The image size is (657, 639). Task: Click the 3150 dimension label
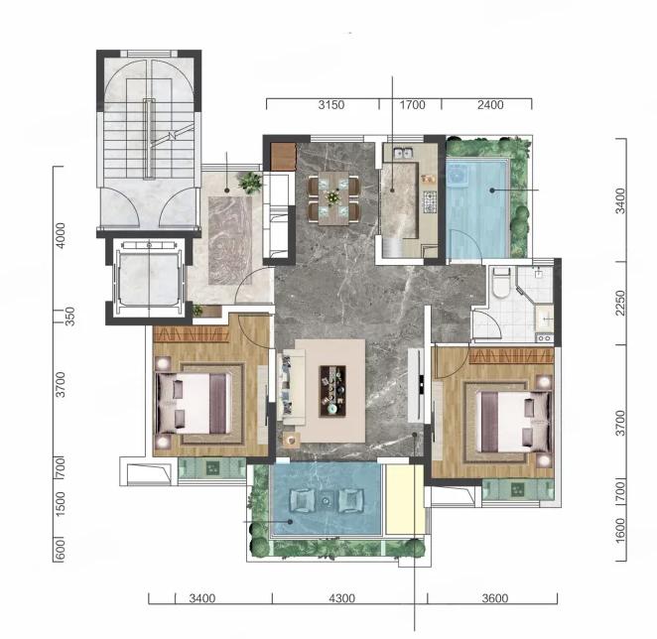coord(331,105)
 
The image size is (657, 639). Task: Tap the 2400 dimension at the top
coord(490,105)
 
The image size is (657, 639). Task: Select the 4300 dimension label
coord(342,598)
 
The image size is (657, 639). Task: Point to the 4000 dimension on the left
coord(61,235)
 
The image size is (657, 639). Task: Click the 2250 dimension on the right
coord(620,304)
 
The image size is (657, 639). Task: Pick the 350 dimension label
coord(69,317)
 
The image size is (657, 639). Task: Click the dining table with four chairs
coord(333,197)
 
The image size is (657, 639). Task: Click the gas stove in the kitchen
coord(430,201)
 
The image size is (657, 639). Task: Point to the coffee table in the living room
coord(332,391)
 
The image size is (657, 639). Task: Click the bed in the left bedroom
coord(194,403)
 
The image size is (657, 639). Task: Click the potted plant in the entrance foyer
coord(250,183)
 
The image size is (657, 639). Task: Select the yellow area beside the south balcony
coord(405,499)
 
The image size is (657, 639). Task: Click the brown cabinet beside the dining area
coord(283,157)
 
